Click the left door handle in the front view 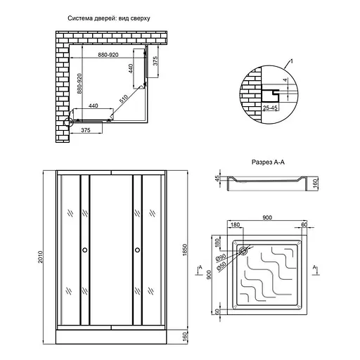tap(85, 250)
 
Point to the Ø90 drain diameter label tap(220, 257)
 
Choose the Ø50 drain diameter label tap(220, 267)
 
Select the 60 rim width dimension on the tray tap(304, 225)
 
